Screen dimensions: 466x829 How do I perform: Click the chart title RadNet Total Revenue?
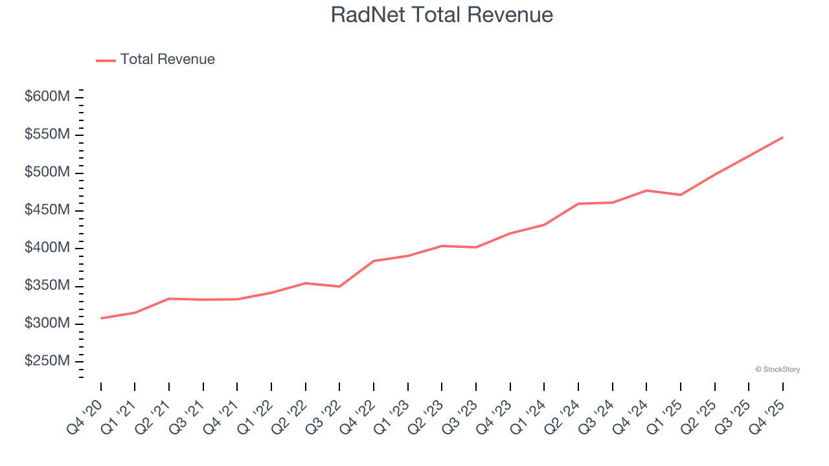442,15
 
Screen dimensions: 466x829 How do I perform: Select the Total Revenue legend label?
167,60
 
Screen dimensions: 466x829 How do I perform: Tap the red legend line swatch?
106,60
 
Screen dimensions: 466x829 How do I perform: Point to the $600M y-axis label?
47,97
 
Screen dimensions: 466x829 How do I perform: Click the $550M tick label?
47,135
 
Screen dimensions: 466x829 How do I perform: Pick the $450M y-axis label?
47,210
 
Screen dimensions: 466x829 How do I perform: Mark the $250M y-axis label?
47,361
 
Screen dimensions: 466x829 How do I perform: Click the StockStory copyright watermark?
777,370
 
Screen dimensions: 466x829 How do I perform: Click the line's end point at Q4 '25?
782,137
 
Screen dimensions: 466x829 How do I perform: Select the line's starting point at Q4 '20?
101,318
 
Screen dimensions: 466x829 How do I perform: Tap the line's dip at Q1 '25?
681,195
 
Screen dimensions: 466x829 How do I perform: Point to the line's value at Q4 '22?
374,261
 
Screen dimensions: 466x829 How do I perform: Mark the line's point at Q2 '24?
578,204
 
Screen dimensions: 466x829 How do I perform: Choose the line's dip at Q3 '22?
339,286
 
